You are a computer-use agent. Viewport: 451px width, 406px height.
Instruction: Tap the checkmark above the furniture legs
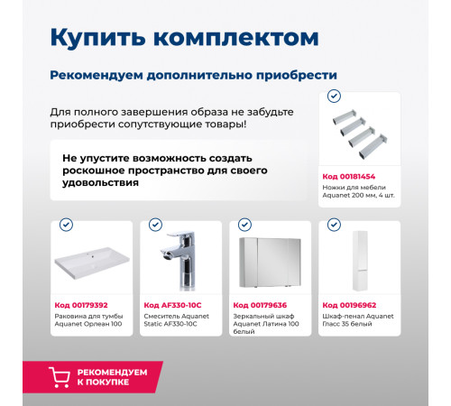334,96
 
